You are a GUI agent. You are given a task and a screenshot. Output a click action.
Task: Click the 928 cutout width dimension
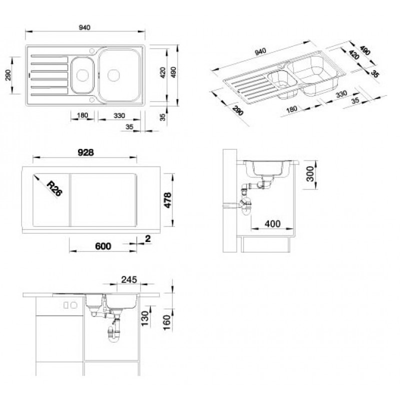(x=85, y=152)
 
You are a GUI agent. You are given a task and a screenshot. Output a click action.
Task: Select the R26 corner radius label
(x=55, y=188)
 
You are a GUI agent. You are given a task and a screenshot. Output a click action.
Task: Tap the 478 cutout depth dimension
(x=167, y=200)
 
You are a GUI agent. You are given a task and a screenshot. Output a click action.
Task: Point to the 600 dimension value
(x=103, y=246)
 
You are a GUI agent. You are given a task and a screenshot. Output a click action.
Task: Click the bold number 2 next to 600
(x=147, y=239)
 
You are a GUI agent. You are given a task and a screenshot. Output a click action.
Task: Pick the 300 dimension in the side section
(x=310, y=173)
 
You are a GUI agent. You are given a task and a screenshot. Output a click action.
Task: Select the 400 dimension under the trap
(x=272, y=224)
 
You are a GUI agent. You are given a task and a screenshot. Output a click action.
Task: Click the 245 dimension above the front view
(x=129, y=279)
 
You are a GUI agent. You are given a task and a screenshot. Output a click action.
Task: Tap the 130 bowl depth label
(x=144, y=318)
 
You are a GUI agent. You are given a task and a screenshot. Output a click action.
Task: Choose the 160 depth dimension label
(x=166, y=322)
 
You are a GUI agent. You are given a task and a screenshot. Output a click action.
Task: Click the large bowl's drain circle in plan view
(x=113, y=75)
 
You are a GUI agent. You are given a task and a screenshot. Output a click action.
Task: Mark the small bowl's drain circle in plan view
(x=82, y=75)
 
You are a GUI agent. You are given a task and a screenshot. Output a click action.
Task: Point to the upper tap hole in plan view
(x=92, y=51)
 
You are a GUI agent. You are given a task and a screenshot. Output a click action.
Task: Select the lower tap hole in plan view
(x=92, y=99)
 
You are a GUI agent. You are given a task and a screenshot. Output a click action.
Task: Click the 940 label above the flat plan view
(x=84, y=27)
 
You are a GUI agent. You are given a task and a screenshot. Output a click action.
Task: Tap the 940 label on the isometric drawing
(x=260, y=52)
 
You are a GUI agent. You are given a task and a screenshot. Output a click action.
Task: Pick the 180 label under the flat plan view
(x=82, y=115)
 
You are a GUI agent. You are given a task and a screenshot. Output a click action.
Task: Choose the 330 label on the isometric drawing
(x=341, y=94)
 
